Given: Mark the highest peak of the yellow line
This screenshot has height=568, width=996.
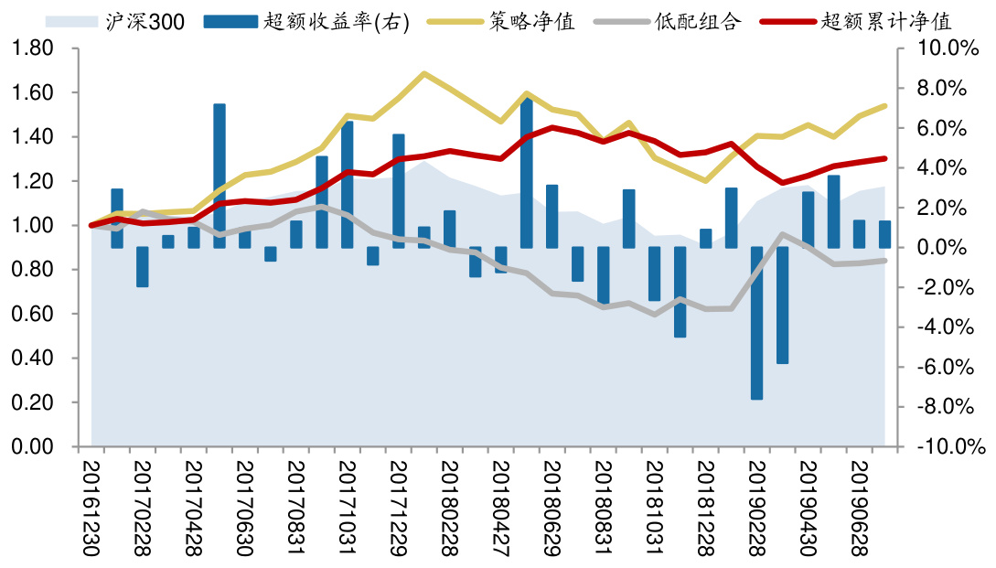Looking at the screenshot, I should coord(423,73).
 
